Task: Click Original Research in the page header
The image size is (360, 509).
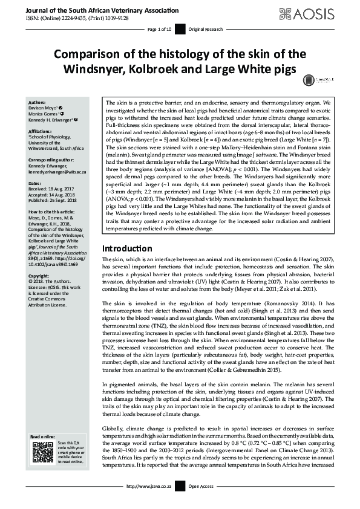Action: coord(205,29)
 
